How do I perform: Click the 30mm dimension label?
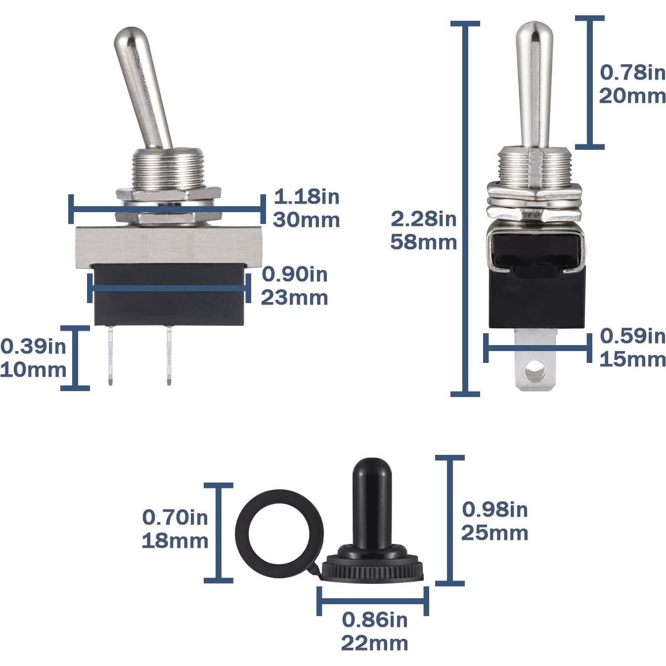coord(306,220)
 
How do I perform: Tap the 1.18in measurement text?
coord(306,197)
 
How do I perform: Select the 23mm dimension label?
coord(294,298)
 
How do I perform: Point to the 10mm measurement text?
coord(33,369)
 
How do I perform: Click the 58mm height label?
coord(423,242)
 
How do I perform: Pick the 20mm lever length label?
coord(632,96)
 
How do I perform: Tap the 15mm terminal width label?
coord(632,359)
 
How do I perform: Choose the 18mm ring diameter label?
coord(175,541)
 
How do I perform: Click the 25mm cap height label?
coord(494,533)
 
